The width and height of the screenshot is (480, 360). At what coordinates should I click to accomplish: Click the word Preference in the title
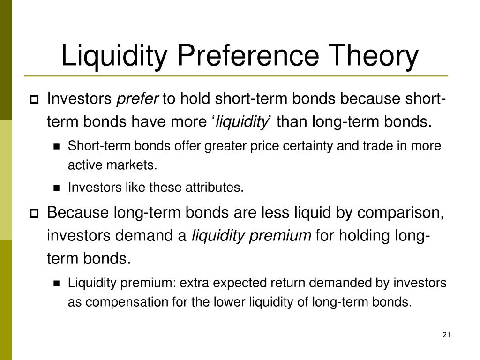248,55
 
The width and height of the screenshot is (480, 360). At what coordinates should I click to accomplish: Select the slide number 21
447,335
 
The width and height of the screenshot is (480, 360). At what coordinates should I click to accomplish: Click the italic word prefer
137,99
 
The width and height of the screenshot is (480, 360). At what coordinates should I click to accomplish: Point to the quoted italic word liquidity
241,122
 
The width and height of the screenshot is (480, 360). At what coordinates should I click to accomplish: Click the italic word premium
280,236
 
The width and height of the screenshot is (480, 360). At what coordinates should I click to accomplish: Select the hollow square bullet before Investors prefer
34,99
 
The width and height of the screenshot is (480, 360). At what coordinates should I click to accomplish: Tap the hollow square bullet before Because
34,213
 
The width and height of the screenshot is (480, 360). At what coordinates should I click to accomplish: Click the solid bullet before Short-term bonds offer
57,147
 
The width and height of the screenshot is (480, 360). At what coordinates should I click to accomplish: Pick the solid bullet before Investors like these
57,188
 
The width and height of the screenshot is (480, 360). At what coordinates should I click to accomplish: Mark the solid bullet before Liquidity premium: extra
57,284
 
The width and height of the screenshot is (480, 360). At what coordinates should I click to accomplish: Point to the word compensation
127,302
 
